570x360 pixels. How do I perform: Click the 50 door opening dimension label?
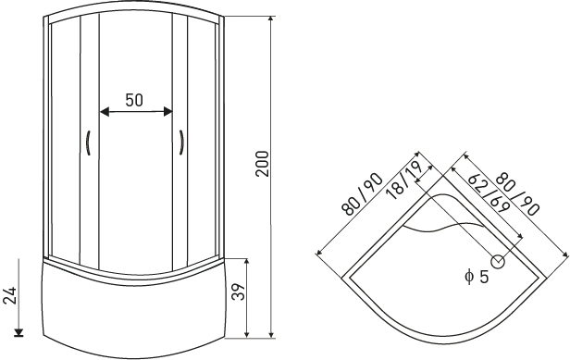coord(134,100)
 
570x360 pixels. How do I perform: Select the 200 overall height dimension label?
coord(263,164)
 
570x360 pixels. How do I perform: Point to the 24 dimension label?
coord(10,295)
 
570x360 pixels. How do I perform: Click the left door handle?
coord(88,143)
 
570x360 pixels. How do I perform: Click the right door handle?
coord(181,143)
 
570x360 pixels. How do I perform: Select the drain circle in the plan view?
coord(498,262)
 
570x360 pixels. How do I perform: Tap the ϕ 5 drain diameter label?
coord(477,277)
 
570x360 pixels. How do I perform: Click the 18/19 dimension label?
coord(403,180)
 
